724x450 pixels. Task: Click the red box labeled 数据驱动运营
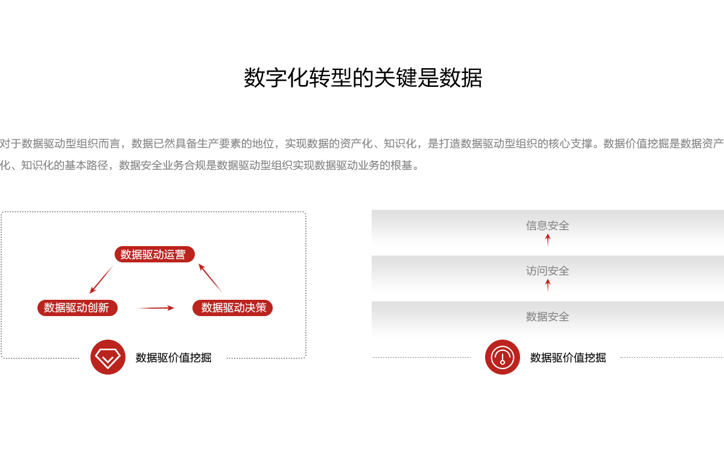click(154, 254)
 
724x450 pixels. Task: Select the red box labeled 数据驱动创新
click(77, 308)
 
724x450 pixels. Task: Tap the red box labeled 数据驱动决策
click(232, 308)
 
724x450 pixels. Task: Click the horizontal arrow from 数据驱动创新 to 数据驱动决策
click(156, 308)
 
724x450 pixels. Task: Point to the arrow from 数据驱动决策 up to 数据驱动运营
click(209, 277)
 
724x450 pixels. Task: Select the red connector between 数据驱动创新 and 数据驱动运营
click(100, 278)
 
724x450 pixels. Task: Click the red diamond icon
click(107, 357)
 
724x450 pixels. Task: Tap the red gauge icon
click(502, 357)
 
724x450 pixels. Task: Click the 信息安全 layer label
click(547, 226)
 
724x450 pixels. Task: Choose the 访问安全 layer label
click(547, 271)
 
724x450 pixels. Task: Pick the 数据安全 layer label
click(547, 317)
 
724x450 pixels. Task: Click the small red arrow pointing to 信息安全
click(548, 240)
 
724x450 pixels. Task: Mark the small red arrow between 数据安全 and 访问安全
click(548, 285)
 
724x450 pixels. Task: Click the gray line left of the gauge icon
click(421, 357)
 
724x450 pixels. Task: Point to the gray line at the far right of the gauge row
click(671, 357)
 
